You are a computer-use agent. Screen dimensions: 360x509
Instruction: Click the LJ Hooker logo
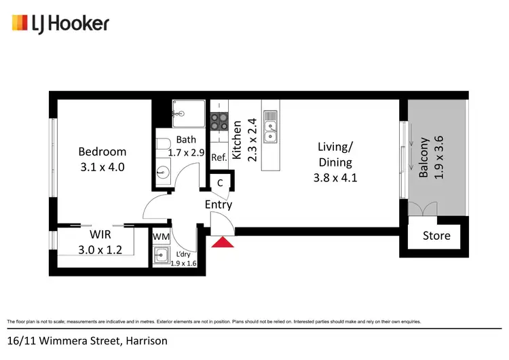[60, 24]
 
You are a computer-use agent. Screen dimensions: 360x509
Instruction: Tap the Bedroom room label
[102, 151]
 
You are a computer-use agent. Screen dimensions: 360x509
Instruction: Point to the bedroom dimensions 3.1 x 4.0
[102, 166]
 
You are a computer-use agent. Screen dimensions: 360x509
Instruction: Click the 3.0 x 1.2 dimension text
[100, 249]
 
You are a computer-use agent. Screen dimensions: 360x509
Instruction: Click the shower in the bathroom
[188, 113]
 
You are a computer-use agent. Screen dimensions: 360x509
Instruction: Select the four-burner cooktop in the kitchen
[219, 121]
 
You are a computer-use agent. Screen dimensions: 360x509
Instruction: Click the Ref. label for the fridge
[219, 157]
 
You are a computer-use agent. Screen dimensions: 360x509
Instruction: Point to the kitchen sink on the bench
[271, 128]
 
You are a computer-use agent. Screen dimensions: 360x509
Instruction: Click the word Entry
[219, 204]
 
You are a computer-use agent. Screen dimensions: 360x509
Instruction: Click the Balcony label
[424, 158]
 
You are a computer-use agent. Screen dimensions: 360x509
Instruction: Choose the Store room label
[436, 236]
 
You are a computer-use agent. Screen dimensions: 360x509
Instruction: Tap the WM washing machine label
[161, 236]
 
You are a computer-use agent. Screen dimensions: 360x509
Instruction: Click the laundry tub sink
[162, 255]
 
